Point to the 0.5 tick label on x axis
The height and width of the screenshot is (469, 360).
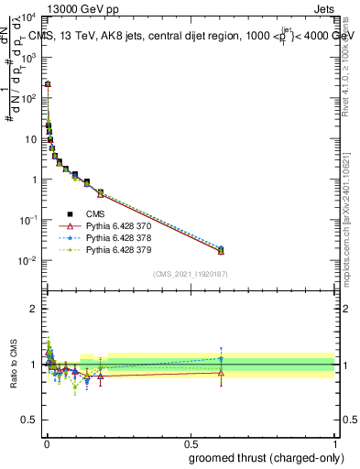[x=190, y=444]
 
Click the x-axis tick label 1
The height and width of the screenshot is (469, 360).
[x=335, y=444]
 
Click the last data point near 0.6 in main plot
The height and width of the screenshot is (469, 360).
[x=221, y=250]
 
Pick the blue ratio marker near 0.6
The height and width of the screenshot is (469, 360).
[x=221, y=358]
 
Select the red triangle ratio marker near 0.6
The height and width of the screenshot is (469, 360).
[x=221, y=372]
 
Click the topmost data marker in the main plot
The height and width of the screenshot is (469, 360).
[x=48, y=84]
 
